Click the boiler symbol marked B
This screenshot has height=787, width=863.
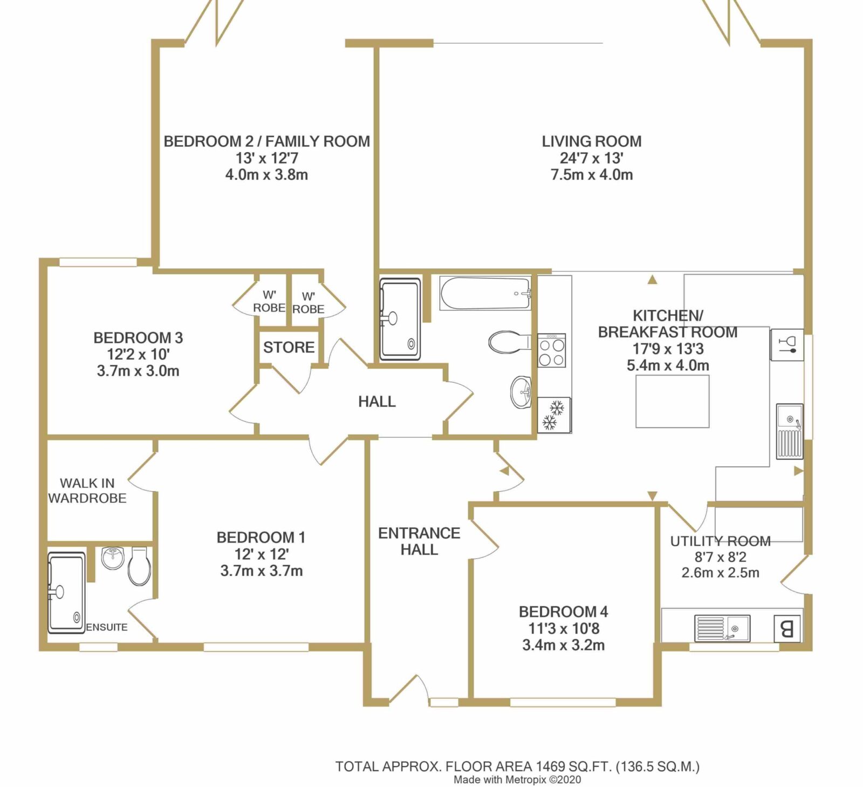(787, 628)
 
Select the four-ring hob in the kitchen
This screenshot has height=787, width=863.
(552, 350)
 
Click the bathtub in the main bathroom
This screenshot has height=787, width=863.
(485, 294)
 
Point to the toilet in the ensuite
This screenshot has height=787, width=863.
(139, 567)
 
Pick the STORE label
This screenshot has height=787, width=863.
(289, 347)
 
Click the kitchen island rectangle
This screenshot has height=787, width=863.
(672, 402)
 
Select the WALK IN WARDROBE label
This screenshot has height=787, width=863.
(87, 490)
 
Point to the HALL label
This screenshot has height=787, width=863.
(377, 401)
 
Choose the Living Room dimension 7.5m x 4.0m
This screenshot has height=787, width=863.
(592, 174)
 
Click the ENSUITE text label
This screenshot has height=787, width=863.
(107, 627)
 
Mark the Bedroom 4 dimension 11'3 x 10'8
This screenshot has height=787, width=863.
(564, 628)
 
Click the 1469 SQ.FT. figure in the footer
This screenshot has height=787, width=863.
(573, 766)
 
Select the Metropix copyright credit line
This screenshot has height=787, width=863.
(517, 779)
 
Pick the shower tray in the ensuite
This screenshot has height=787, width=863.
(67, 592)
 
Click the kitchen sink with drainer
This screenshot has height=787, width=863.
(790, 431)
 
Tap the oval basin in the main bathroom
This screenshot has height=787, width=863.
(521, 392)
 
